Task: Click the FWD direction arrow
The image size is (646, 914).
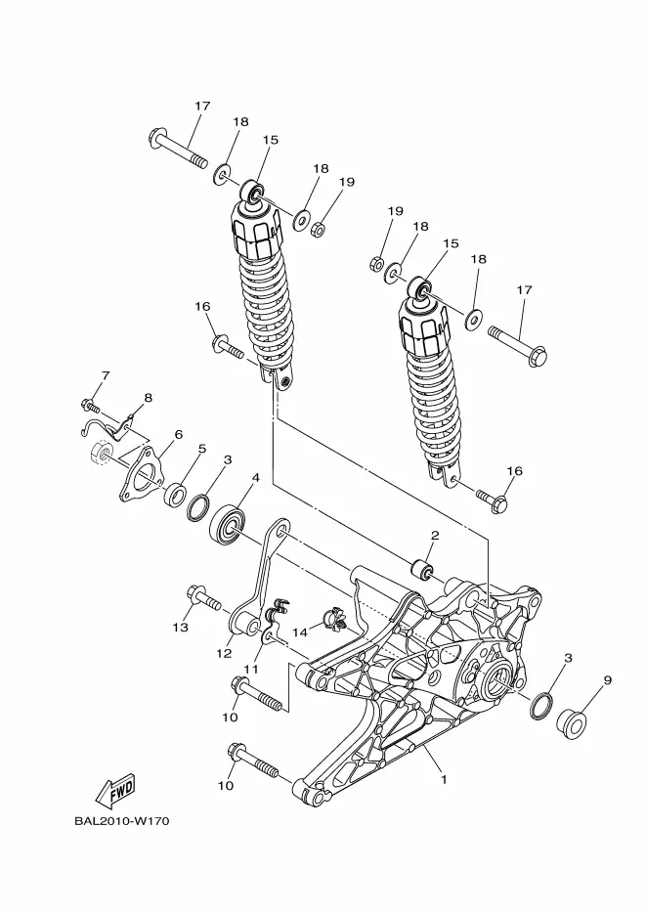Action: pos(116,790)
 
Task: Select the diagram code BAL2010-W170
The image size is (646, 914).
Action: pos(122,821)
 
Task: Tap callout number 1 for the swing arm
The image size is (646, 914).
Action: pos(444,779)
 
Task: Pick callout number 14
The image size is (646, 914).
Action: pos(299,631)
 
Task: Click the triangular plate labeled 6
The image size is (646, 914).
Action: pos(142,481)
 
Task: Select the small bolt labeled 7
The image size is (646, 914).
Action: pos(90,404)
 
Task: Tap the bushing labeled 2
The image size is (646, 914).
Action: pos(422,571)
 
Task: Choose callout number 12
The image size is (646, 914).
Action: pos(224,653)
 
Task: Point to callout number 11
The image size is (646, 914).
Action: pos(250,670)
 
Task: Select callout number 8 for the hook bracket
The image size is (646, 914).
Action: pos(148,398)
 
